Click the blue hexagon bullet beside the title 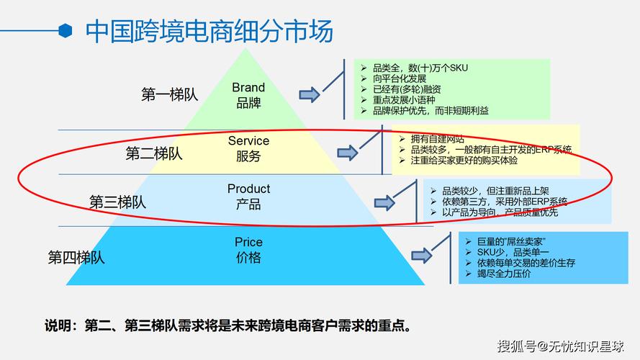click(66, 30)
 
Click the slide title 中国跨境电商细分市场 click(209, 31)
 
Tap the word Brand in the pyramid click(248, 87)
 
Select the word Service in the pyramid click(248, 140)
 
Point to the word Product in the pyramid click(248, 189)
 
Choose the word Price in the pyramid click(248, 242)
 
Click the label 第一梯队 click(169, 94)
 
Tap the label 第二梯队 click(153, 153)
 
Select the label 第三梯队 click(117, 202)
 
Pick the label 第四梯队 click(76, 257)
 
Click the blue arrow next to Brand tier click(310, 94)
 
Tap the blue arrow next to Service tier click(348, 152)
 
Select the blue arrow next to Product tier click(384, 202)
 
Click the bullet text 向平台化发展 click(400, 78)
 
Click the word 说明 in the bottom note click(58, 325)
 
